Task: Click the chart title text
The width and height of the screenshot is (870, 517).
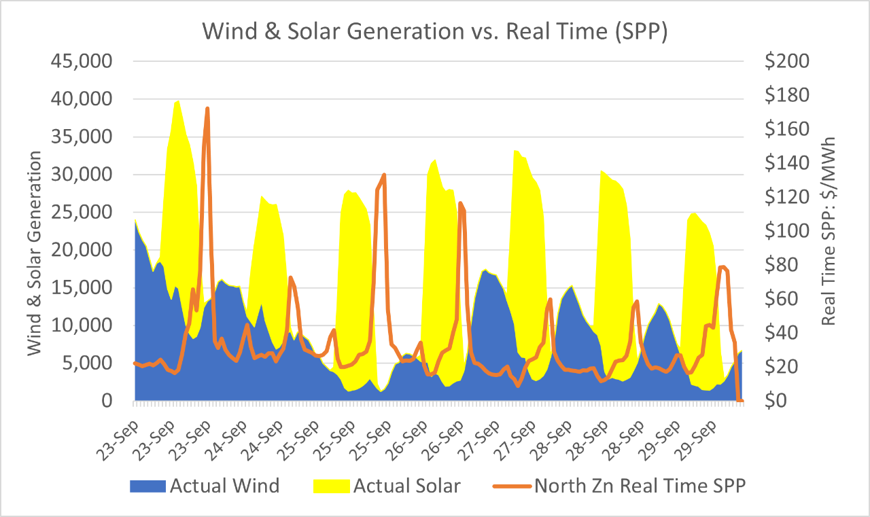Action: (x=434, y=31)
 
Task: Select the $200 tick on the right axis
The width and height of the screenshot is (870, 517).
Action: (x=786, y=61)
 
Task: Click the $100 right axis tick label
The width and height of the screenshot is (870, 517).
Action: (x=786, y=231)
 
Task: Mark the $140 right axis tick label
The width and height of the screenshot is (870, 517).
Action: (x=786, y=163)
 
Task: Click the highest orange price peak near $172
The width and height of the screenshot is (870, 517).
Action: (x=207, y=109)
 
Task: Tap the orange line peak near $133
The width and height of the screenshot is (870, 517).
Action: (x=384, y=175)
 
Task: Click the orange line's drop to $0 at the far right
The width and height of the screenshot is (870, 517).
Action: (x=740, y=400)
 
